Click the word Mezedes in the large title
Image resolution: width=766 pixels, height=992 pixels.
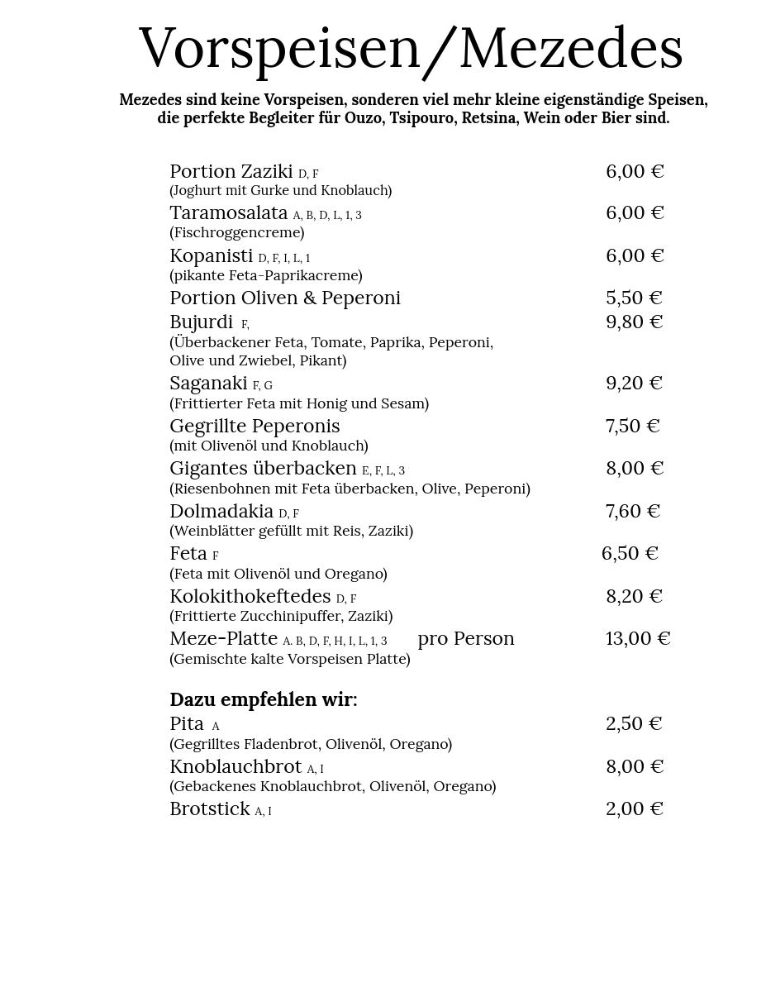[570, 48]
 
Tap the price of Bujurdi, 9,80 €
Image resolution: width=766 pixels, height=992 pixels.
[634, 322]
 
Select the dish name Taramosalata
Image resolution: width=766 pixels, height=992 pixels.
[228, 212]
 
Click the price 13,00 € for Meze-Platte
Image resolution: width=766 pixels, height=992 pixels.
[637, 638]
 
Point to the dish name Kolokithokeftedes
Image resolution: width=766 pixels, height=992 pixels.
[250, 596]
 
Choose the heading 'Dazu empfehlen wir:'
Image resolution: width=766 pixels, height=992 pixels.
[263, 699]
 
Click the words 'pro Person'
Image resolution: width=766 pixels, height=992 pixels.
[465, 638]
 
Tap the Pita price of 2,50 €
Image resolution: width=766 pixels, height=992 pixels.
[634, 723]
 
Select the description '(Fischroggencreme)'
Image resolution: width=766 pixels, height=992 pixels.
[236, 232]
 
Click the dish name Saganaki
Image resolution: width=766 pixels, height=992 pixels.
[208, 384]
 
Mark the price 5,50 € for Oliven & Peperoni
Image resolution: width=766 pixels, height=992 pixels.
[634, 298]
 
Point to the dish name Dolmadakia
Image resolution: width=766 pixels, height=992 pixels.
[221, 511]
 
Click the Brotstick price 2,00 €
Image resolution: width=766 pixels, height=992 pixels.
[634, 808]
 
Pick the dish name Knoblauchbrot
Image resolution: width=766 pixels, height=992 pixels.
[236, 766]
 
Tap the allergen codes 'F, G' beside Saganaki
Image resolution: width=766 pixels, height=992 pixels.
[262, 386]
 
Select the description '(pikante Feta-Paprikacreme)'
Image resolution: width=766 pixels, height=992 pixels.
[265, 275]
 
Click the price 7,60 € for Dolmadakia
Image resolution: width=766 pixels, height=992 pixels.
[632, 511]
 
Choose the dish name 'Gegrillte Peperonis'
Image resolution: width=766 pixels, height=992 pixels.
[255, 426]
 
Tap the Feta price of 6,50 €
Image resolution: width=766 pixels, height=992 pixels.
[629, 553]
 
